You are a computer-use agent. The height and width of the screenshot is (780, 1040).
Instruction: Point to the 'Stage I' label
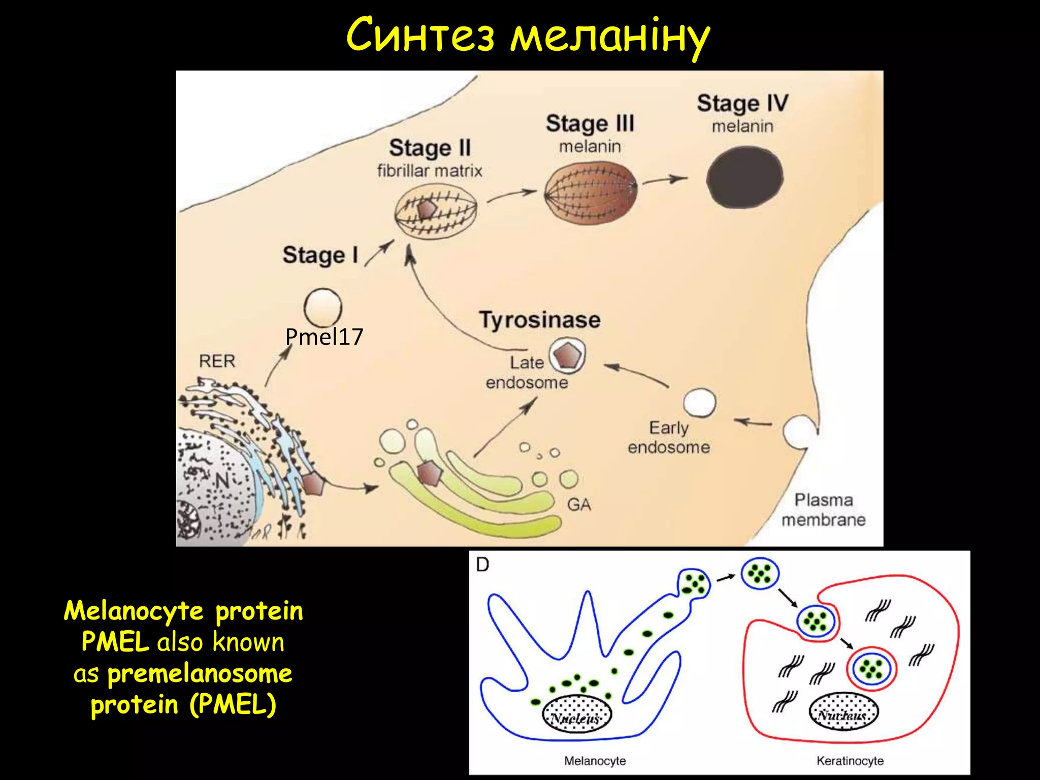tap(320, 255)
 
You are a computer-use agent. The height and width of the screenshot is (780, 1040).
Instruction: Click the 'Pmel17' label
tap(324, 337)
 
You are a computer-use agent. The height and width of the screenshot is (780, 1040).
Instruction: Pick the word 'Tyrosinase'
tap(540, 320)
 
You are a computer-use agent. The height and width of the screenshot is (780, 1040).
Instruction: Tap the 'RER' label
tap(217, 361)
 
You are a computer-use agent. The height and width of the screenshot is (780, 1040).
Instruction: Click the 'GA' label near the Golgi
tap(579, 504)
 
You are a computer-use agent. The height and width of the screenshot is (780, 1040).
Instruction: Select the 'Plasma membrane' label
tap(823, 510)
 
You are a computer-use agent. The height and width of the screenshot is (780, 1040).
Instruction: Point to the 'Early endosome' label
tap(669, 437)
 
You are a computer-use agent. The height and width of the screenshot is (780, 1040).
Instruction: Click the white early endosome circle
tap(700, 403)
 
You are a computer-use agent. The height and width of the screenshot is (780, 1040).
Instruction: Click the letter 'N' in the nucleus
tap(222, 480)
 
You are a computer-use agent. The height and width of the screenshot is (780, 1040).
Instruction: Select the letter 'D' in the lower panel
tap(482, 565)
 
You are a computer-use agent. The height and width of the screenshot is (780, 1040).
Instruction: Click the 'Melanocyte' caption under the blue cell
tap(595, 761)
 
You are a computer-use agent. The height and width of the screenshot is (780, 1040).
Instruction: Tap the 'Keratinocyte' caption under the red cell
tap(850, 761)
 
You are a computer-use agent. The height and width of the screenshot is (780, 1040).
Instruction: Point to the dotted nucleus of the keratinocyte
tap(843, 711)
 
